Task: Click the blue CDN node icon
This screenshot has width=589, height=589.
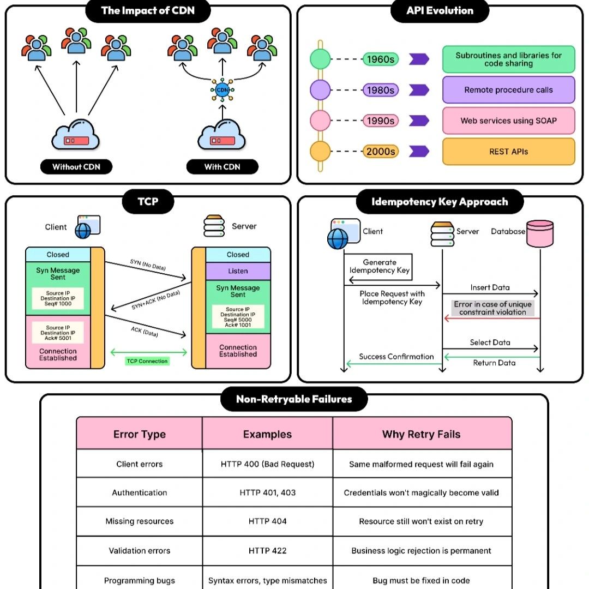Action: click(x=222, y=89)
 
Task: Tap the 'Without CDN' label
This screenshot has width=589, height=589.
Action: click(x=76, y=167)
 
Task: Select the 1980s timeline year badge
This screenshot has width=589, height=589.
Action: click(x=381, y=90)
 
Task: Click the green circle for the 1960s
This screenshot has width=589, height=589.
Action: click(x=320, y=59)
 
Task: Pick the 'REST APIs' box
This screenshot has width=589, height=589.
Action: click(x=508, y=152)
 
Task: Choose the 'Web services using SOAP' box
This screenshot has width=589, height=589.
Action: click(x=508, y=121)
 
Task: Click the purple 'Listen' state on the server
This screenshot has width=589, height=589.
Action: click(x=238, y=271)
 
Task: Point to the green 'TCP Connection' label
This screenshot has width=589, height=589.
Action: click(x=147, y=361)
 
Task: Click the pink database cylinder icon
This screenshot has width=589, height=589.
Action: click(x=540, y=233)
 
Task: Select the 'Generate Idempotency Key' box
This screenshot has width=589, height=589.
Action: click(x=380, y=266)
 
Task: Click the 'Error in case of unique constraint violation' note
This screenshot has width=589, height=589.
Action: click(x=492, y=308)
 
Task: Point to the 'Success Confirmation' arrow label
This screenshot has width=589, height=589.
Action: click(x=396, y=357)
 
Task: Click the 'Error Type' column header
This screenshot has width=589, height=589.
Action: click(x=140, y=435)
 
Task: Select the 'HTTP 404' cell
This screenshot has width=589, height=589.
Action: click(x=267, y=521)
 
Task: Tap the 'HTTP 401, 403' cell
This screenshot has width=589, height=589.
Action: click(x=267, y=492)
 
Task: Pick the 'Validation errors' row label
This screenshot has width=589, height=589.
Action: click(x=140, y=551)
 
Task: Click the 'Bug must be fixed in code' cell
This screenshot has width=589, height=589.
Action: click(x=421, y=580)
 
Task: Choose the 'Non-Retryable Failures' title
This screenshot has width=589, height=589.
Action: click(x=294, y=399)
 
